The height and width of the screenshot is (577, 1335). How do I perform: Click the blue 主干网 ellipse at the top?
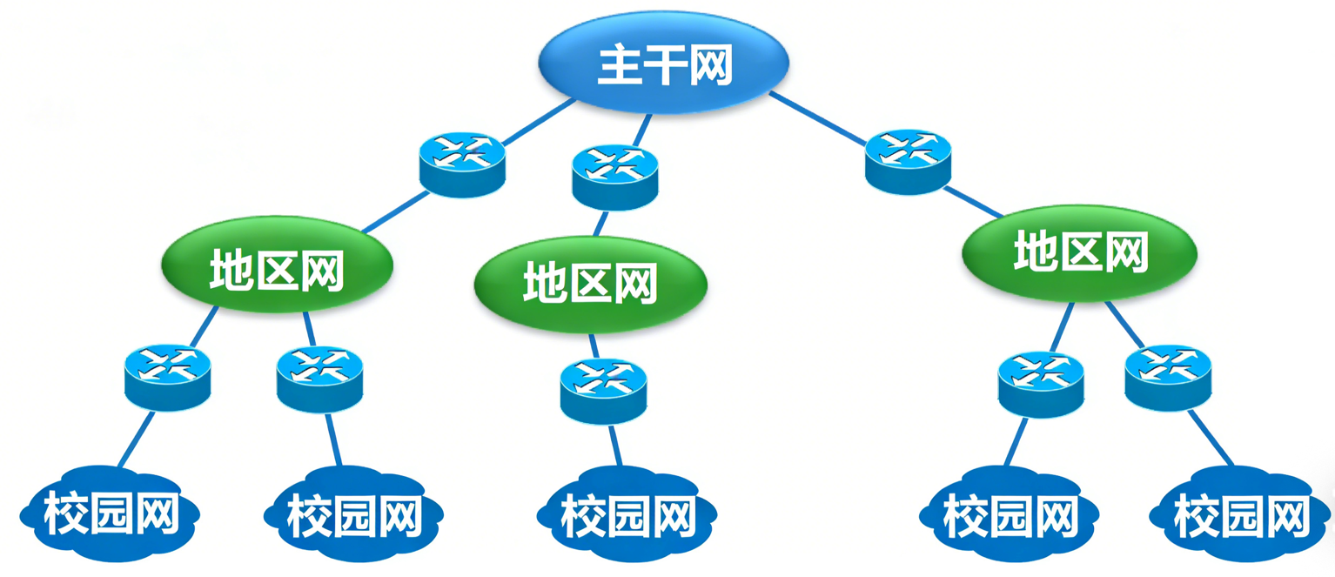(x=663, y=65)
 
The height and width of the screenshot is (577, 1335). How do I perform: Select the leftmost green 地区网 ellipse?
(x=277, y=270)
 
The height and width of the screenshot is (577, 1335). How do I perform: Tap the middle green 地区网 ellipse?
(x=590, y=285)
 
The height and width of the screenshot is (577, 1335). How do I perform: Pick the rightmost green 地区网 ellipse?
(x=1079, y=253)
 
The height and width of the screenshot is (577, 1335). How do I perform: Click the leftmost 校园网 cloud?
(x=111, y=515)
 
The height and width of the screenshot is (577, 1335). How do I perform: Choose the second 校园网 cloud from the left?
(x=353, y=515)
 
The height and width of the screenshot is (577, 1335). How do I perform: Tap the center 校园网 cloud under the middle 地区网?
(x=627, y=515)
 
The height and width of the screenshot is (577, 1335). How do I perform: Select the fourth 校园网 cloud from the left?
(x=1010, y=515)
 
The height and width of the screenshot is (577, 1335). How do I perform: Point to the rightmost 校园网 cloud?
(x=1241, y=515)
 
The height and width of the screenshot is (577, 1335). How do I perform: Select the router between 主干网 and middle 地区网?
(x=614, y=176)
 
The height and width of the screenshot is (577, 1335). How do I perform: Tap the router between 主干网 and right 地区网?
(x=909, y=160)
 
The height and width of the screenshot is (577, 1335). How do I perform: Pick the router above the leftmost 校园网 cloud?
(x=167, y=377)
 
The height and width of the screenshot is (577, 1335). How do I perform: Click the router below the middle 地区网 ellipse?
(x=604, y=391)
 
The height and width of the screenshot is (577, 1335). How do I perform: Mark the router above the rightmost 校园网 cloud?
(x=1167, y=378)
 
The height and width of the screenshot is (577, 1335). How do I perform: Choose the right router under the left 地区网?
(x=319, y=379)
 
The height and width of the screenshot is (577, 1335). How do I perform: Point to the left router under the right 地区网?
(x=1041, y=384)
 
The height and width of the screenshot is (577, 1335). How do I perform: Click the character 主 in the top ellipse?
(x=619, y=66)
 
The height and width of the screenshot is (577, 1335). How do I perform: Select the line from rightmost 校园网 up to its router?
(x=1211, y=439)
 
